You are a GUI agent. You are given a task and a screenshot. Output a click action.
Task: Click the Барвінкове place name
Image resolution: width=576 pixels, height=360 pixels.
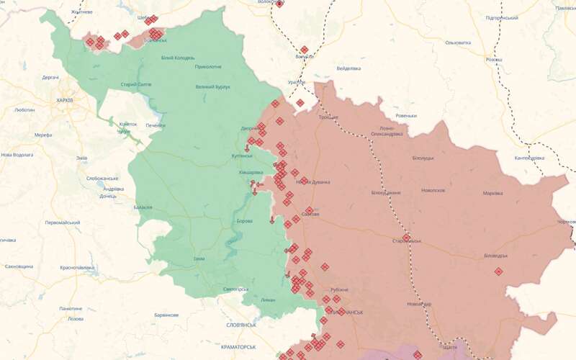(166, 315)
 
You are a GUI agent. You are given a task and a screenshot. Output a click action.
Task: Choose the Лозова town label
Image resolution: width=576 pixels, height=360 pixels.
(75, 318)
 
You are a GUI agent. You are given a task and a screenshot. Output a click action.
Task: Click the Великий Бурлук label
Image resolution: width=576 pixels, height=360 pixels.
(212, 87)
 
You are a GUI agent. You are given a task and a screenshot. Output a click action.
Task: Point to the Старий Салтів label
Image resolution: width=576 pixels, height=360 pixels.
(135, 84)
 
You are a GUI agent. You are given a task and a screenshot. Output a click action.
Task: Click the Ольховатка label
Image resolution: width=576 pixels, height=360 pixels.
(458, 42)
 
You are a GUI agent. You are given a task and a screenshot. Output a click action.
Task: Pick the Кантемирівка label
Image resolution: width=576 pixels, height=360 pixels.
(528, 158)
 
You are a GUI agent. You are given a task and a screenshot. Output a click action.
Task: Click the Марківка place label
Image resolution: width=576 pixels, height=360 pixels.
(492, 193)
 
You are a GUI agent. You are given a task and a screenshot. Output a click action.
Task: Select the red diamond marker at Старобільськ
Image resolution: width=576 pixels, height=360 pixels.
(406, 238)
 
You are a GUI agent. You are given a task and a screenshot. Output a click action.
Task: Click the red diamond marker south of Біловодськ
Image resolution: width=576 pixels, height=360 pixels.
(498, 271)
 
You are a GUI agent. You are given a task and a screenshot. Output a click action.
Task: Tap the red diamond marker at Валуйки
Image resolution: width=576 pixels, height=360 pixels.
(304, 50)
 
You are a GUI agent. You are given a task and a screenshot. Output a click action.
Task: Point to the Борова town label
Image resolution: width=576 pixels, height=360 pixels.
(245, 220)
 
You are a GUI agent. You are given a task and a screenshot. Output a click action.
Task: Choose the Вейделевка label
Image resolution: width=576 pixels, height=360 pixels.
(348, 68)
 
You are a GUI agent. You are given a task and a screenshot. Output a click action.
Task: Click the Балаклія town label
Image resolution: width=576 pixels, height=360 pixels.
(143, 207)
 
